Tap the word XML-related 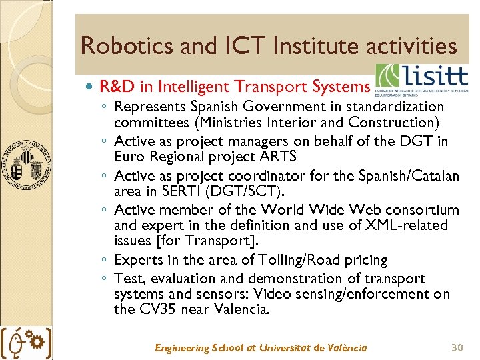(x=407, y=225)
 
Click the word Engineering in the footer (x=181, y=348)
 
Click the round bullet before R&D (x=90, y=87)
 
